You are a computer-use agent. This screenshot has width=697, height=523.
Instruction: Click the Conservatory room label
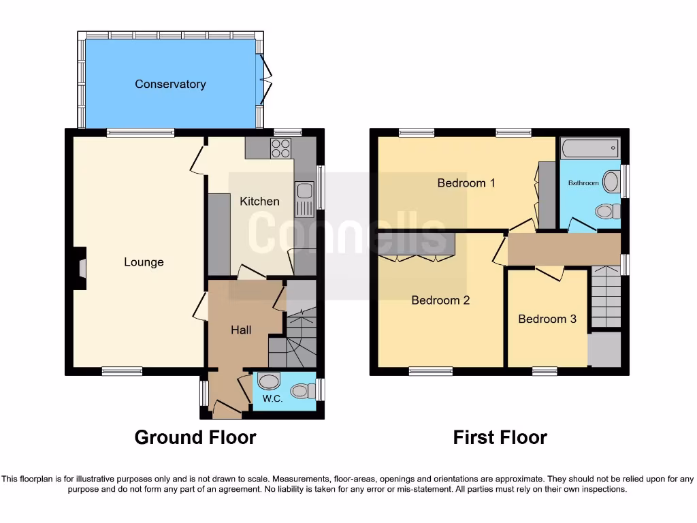pos(170,84)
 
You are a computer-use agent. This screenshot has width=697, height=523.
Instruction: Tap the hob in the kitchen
pos(281,148)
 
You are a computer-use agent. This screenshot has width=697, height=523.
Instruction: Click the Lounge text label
pos(144,262)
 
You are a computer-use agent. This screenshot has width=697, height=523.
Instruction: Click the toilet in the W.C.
pos(300,391)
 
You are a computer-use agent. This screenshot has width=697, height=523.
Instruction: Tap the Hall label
pos(241,330)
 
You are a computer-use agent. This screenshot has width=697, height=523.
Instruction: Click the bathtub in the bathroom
pos(589,148)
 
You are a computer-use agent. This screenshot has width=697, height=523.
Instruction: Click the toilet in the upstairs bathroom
pos(606,212)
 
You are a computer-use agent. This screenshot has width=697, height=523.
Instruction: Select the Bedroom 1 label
pos(466,183)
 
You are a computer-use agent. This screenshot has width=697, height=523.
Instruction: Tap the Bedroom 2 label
pos(440,300)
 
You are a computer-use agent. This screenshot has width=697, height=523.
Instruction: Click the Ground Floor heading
pos(195,437)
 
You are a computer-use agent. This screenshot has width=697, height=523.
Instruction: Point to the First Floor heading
pos(500,437)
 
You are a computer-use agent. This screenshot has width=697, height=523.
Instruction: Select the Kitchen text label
pos(259,201)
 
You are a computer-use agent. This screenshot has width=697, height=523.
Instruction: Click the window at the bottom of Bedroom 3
pos(545,371)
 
